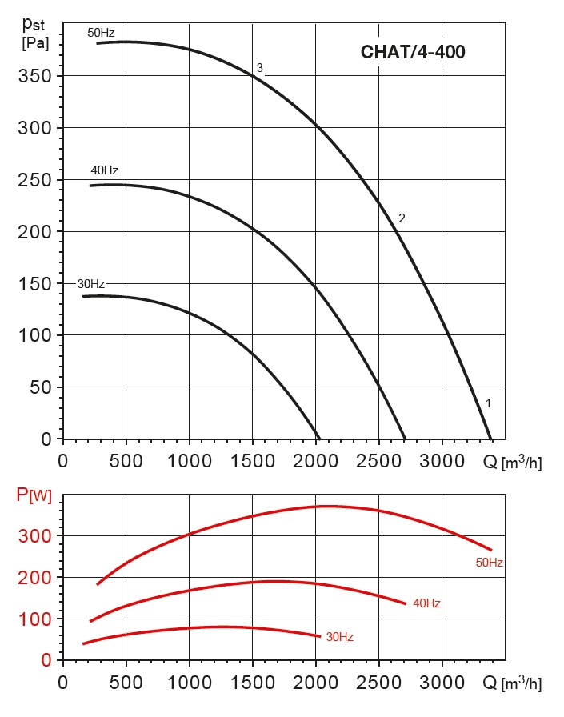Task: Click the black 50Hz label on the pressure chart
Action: pyautogui.click(x=101, y=33)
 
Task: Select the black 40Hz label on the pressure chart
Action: pyautogui.click(x=104, y=170)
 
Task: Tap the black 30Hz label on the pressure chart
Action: pyautogui.click(x=90, y=284)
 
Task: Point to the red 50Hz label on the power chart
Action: pyautogui.click(x=489, y=563)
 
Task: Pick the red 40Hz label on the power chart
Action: pyautogui.click(x=427, y=603)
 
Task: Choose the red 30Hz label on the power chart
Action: pyautogui.click(x=339, y=637)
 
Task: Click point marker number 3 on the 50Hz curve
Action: pyautogui.click(x=259, y=67)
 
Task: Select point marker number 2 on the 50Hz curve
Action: pyautogui.click(x=402, y=218)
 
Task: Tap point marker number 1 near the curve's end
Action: pyautogui.click(x=488, y=403)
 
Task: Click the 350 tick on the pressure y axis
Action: pyautogui.click(x=34, y=77)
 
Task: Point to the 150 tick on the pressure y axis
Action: pyautogui.click(x=34, y=284)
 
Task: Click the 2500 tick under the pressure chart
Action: pyautogui.click(x=378, y=461)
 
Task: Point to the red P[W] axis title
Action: pyautogui.click(x=34, y=496)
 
